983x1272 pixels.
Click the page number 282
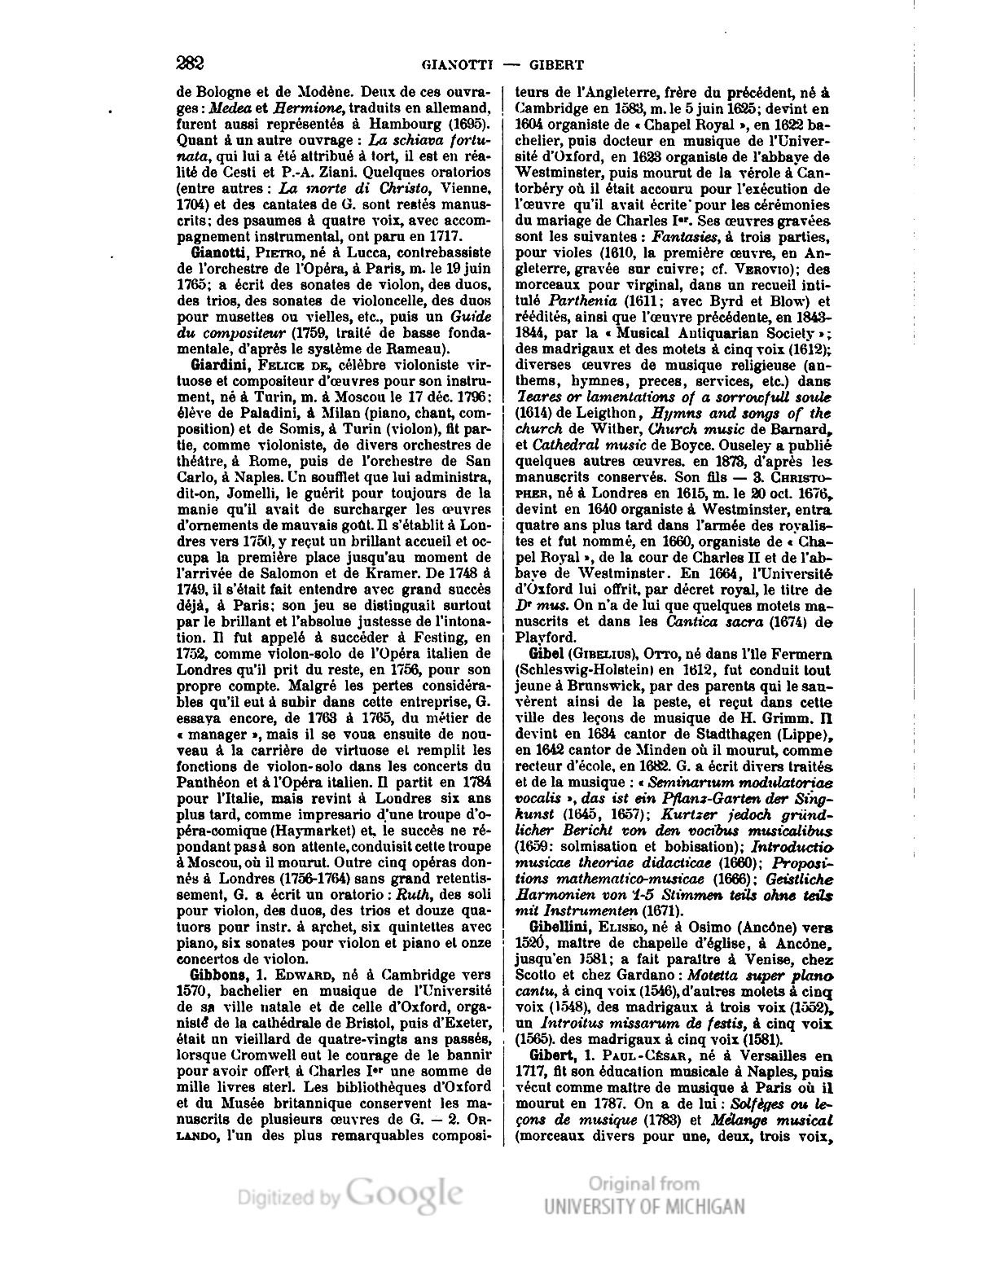click(189, 64)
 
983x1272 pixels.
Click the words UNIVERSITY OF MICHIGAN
click(643, 1207)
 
